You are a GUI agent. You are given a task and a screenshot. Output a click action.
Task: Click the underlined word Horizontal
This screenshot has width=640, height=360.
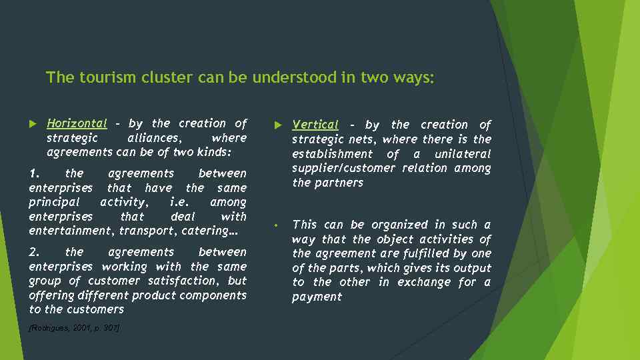point(77,123)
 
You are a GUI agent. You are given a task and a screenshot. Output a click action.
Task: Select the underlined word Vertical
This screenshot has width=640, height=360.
point(315,125)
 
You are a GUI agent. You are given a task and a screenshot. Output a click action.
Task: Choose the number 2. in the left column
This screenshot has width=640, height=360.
point(35,252)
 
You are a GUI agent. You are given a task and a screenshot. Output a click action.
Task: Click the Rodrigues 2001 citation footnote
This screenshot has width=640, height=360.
point(74,328)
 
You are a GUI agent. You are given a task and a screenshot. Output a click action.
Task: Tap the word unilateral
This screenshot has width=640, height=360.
point(462,154)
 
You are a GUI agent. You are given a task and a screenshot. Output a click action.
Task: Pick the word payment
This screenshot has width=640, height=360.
point(317,297)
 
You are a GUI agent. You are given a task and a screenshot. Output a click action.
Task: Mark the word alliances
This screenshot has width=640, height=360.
point(153,138)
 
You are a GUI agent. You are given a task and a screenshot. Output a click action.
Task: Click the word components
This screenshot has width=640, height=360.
point(214,295)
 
